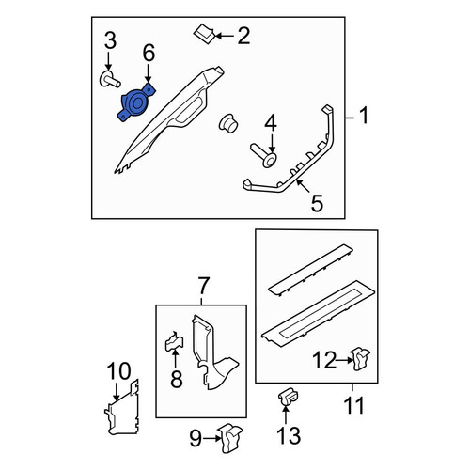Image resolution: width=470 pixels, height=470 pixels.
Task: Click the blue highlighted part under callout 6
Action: (x=136, y=102)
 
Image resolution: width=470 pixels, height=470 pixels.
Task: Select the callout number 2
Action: (x=243, y=36)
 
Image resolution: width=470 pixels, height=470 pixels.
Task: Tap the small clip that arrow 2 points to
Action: (x=204, y=35)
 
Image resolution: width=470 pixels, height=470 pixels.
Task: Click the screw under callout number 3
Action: (x=110, y=80)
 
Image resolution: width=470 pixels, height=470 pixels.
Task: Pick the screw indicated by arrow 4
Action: (x=264, y=155)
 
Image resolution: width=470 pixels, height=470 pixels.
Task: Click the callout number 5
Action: (x=317, y=203)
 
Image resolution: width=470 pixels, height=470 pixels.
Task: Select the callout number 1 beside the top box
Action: (x=364, y=115)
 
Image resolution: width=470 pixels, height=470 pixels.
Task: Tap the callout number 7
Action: (x=203, y=286)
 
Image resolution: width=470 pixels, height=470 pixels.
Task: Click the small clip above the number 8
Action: (x=174, y=342)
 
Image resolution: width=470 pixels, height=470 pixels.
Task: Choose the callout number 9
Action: (x=196, y=438)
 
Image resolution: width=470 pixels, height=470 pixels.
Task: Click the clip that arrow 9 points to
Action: (x=231, y=438)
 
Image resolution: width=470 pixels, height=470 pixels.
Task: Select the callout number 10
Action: (x=118, y=371)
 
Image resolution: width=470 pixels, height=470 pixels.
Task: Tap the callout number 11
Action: (x=353, y=405)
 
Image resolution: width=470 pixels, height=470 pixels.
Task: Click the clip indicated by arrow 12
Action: (x=360, y=359)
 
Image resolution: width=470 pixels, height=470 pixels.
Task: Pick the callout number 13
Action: (x=289, y=435)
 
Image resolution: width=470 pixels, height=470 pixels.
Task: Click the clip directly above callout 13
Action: (x=288, y=397)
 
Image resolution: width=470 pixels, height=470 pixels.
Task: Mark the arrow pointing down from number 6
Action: (x=148, y=72)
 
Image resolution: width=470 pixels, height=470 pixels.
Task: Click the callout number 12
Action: (x=324, y=360)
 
